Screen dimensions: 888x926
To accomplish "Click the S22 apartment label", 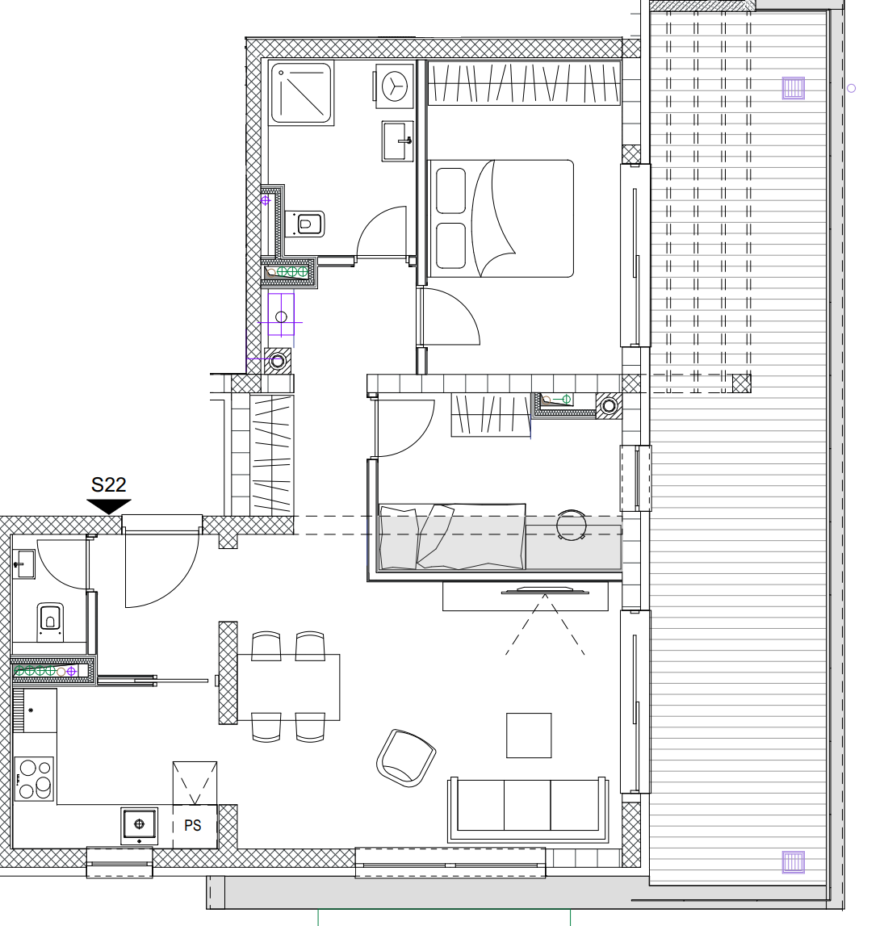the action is point(109,485).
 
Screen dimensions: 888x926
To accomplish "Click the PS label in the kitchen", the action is point(192,825).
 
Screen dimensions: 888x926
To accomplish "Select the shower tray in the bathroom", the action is point(301,94).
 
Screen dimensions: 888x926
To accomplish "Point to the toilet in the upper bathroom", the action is point(305,224).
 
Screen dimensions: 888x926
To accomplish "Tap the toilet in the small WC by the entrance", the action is point(50,622).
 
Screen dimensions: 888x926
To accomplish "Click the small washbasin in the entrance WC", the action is point(24,564).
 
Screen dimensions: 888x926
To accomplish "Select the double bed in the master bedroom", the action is point(501,219).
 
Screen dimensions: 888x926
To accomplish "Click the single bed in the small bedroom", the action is point(452,537).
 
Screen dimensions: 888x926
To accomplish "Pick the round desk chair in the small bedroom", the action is point(572,525).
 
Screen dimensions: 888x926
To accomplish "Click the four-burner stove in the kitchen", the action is point(34,779).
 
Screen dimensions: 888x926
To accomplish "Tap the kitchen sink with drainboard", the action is point(35,710).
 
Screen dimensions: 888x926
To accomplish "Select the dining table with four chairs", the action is point(288,687).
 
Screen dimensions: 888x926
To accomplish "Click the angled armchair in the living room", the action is point(406,758).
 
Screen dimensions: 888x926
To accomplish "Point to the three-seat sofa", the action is point(528,810).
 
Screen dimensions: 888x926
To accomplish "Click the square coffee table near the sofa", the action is point(529,735).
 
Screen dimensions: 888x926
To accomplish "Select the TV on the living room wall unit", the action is point(545,591).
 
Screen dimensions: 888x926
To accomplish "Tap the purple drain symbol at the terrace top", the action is point(793,88).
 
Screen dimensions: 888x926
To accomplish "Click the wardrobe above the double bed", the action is point(524,83).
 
